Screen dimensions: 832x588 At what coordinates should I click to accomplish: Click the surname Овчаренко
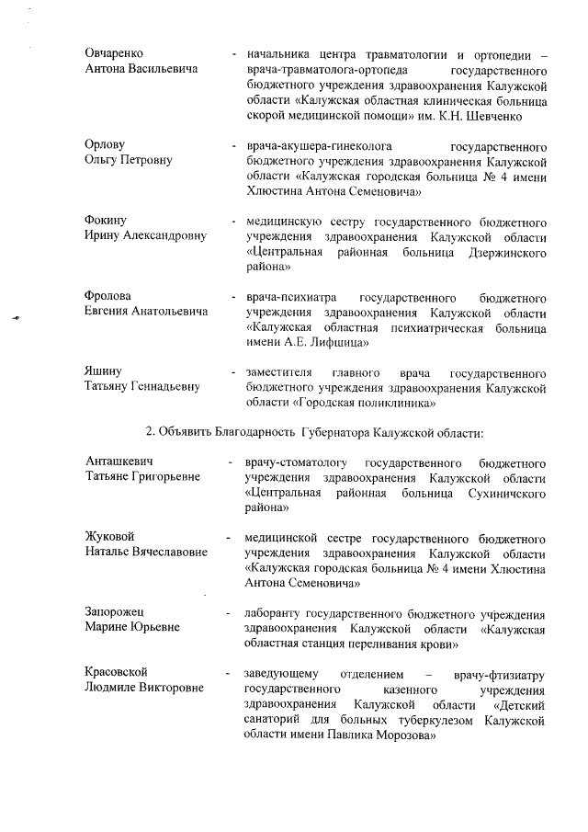tap(113, 53)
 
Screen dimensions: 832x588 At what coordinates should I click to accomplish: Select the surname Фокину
tap(106, 222)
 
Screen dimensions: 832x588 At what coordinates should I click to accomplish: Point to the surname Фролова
tap(107, 296)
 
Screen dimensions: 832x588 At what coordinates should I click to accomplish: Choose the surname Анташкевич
tap(119, 462)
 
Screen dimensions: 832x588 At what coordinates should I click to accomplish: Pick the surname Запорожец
tap(115, 611)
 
